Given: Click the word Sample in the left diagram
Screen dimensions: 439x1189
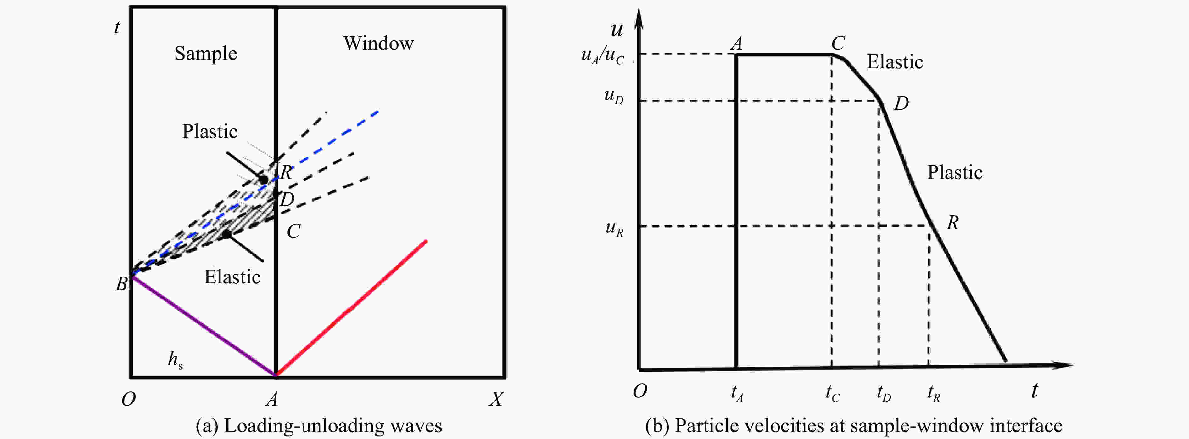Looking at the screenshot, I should coord(205,54).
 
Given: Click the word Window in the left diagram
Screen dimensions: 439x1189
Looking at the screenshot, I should coord(378,43).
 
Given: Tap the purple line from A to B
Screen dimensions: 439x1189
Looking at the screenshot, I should coord(203,325).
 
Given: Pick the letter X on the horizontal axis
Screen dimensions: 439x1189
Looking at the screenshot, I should coord(496,398).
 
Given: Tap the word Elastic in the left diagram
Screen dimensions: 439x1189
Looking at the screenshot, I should coord(232,277).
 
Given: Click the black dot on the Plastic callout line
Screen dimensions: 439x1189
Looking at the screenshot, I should coord(263,179).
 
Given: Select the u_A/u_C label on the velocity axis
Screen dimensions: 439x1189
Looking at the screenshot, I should coord(602,55).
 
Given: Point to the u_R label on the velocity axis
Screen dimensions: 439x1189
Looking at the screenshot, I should coord(614,228).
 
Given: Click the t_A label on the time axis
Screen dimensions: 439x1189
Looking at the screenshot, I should coord(737,393).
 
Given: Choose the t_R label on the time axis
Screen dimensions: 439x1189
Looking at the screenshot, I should coord(933,393).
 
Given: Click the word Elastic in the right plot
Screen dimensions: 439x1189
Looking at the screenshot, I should coord(895,62).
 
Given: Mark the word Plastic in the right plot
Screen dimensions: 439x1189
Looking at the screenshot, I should coord(955,172).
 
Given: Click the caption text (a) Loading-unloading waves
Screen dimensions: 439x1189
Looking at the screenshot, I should coord(318,425).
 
